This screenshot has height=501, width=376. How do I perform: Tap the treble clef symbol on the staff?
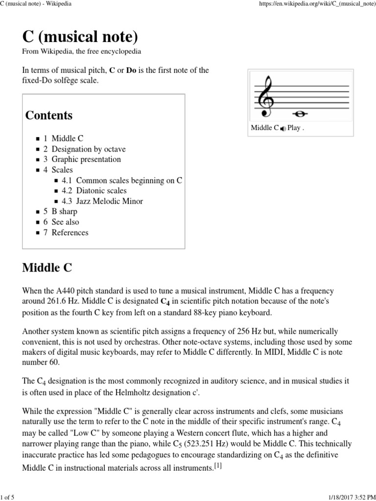[x=266, y=96]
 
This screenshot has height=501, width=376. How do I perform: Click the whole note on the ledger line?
[x=299, y=114]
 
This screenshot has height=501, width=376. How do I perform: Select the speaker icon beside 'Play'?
[x=283, y=129]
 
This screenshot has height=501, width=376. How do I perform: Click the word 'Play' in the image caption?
[x=294, y=128]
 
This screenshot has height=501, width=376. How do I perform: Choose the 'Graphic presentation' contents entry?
[x=86, y=159]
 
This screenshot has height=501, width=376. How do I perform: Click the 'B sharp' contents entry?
[x=64, y=211]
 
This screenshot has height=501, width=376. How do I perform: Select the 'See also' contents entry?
[x=65, y=222]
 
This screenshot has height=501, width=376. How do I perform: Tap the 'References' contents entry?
[x=70, y=233]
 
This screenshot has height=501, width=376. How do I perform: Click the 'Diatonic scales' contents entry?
[x=101, y=191]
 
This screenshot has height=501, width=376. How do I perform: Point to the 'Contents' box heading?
[x=49, y=115]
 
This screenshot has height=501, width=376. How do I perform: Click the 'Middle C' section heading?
[x=47, y=268]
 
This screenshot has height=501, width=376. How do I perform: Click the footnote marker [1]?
[x=218, y=466]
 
